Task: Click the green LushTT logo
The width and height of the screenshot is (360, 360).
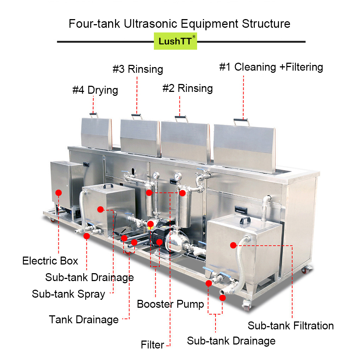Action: click(x=175, y=41)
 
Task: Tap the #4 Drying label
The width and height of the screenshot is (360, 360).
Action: click(x=95, y=90)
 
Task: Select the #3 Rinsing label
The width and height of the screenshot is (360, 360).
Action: click(x=138, y=69)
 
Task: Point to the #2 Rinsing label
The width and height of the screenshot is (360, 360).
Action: click(x=187, y=88)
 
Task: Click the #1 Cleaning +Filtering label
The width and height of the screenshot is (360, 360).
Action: click(x=271, y=67)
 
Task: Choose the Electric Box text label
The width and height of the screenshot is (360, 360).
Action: click(x=50, y=261)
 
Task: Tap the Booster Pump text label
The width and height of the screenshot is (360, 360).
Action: click(x=170, y=304)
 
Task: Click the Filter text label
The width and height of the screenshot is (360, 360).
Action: click(x=152, y=345)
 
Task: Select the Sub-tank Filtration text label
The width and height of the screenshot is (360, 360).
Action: click(x=290, y=326)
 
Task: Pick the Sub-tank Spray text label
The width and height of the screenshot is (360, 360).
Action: click(x=68, y=294)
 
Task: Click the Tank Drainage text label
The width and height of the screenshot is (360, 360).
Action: click(x=84, y=319)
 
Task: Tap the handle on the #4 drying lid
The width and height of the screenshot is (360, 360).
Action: click(x=94, y=115)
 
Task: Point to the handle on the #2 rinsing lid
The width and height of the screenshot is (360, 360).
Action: click(x=180, y=118)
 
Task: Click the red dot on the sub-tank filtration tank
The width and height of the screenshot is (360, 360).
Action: click(x=233, y=245)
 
